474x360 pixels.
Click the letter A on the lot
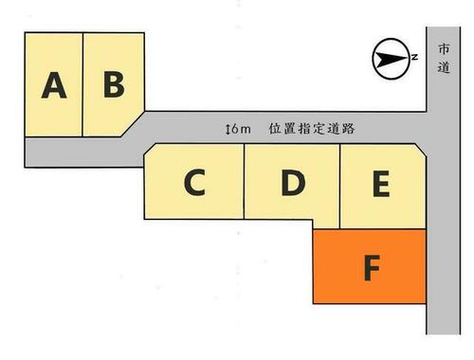click(x=54, y=85)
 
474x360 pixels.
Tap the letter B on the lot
click(x=114, y=84)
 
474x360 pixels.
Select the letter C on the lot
click(x=194, y=182)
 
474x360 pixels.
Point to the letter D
click(x=293, y=183)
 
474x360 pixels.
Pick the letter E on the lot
click(x=381, y=184)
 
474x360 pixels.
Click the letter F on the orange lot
click(x=372, y=268)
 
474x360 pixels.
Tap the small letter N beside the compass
click(x=414, y=57)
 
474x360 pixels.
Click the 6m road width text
click(x=241, y=129)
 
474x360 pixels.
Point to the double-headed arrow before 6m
click(x=228, y=129)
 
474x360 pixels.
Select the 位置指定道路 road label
click(x=312, y=129)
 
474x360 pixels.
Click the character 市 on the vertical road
click(x=444, y=49)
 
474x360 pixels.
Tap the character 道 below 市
click(x=444, y=67)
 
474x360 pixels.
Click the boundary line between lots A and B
click(x=82, y=84)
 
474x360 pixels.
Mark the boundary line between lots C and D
click(x=244, y=181)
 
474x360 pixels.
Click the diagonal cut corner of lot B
click(x=133, y=124)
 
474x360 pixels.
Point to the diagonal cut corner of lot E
click(x=421, y=150)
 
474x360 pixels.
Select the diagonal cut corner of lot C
click(x=150, y=150)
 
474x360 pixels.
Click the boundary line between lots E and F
click(x=383, y=229)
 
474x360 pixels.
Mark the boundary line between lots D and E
click(x=339, y=187)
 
